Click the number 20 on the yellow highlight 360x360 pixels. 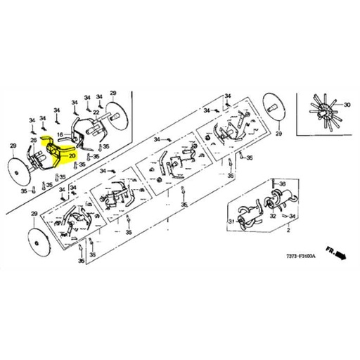click(x=72, y=157)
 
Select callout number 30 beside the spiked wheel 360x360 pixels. click(x=346, y=104)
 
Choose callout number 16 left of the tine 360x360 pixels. click(x=61, y=134)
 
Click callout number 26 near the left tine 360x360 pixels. click(x=32, y=139)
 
